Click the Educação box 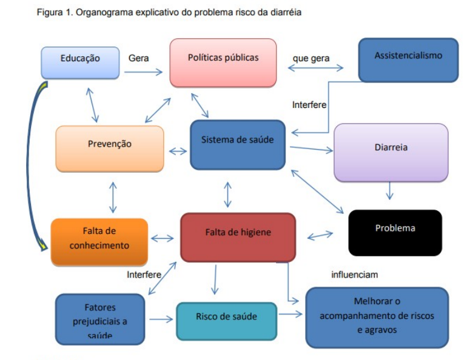click(x=80, y=62)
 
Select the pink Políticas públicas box click(x=223, y=62)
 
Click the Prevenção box click(x=109, y=148)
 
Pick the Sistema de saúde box click(x=237, y=144)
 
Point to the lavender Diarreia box click(x=391, y=152)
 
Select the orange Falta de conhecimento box click(x=99, y=241)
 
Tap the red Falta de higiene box click(x=238, y=236)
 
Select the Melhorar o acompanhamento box click(x=377, y=316)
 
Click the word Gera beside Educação click(x=138, y=58)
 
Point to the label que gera click(x=311, y=58)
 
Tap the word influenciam click(x=354, y=274)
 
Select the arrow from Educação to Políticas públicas click(x=144, y=72)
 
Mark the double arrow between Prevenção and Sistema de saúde click(x=178, y=151)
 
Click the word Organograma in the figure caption click(x=101, y=13)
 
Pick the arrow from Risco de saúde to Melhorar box click(x=290, y=314)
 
